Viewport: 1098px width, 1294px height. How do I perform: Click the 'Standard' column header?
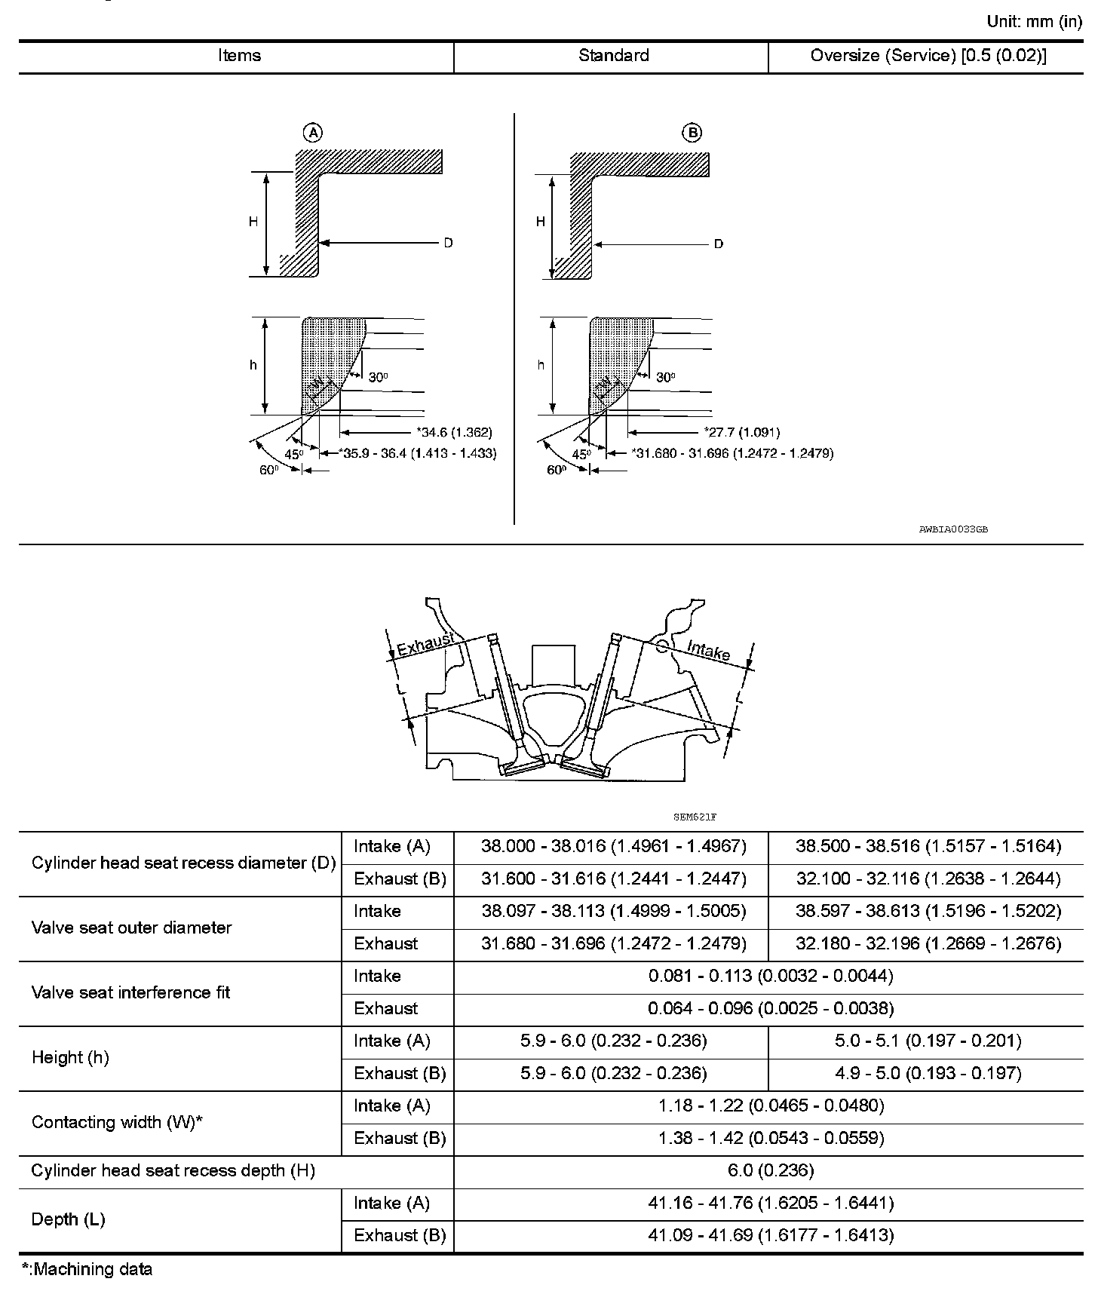[613, 56]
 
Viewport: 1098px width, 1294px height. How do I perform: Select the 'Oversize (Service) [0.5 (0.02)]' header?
[928, 56]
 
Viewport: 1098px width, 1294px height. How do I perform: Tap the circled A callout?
[312, 133]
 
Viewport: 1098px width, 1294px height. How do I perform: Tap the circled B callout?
[692, 133]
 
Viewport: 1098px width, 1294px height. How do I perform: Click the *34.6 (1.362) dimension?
[454, 432]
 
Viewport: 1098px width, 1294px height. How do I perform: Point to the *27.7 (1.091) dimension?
[742, 432]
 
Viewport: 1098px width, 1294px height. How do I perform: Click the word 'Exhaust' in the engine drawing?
[426, 645]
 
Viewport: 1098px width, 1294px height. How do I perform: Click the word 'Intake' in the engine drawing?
[709, 650]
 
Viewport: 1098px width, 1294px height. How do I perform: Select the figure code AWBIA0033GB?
[953, 529]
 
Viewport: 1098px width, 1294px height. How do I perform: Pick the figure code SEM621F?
[694, 817]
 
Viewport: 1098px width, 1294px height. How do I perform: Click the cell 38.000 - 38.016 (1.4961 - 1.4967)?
[613, 847]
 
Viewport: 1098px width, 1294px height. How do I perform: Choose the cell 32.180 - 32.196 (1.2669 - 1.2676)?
[928, 943]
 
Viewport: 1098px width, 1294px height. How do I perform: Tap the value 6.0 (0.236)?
[769, 1170]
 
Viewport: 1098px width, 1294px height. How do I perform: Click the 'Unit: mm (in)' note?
[1034, 21]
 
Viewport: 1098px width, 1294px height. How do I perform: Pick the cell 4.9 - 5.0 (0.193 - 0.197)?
[928, 1073]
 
